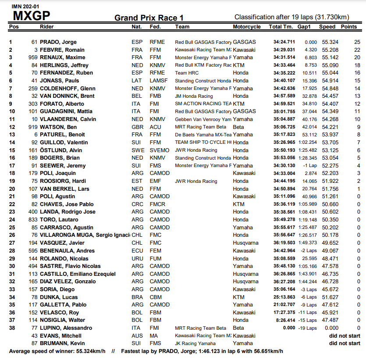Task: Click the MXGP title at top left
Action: tap(31, 16)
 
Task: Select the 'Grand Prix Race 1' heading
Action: tap(149, 18)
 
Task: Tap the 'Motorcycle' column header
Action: tap(247, 27)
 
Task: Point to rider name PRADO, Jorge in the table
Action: tap(58, 42)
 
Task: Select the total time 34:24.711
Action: tap(284, 42)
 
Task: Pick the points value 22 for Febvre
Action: tap(357, 50)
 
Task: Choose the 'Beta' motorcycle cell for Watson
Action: tap(238, 127)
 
